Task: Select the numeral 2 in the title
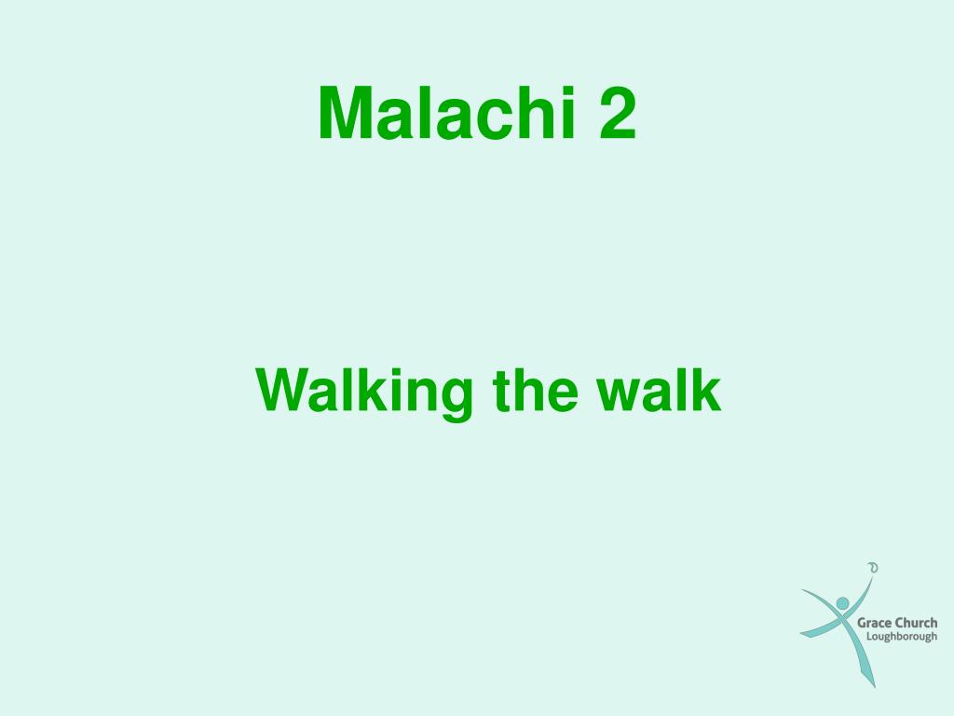tap(617, 114)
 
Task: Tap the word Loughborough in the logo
tap(902, 638)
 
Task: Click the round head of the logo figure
tap(842, 604)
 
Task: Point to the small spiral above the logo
tap(872, 566)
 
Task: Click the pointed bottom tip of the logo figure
tap(874, 685)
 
